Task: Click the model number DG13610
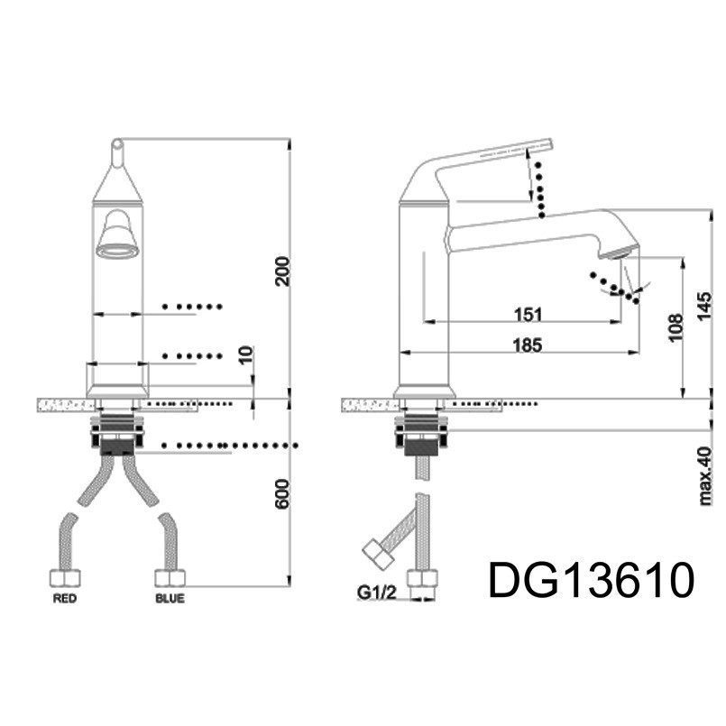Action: [x=592, y=580]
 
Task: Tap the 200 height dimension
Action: [x=282, y=271]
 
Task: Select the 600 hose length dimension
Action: [x=282, y=493]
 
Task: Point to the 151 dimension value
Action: [x=528, y=315]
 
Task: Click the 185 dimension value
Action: [x=528, y=345]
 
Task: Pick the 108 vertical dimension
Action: [x=675, y=326]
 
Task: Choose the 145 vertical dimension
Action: [x=704, y=307]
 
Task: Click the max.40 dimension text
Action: [x=705, y=475]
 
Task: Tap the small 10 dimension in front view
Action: [x=247, y=354]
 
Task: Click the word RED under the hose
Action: [x=64, y=599]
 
